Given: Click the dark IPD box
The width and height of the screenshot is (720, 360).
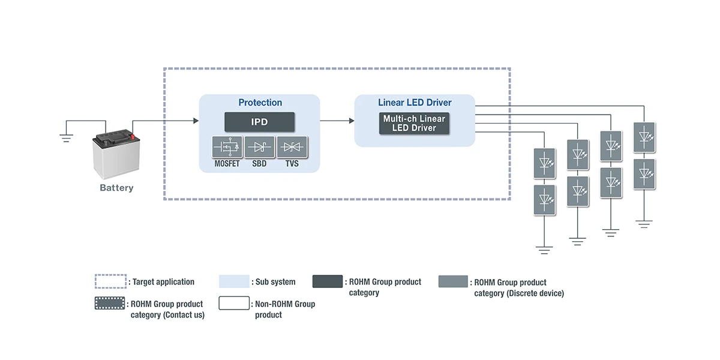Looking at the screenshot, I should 259,122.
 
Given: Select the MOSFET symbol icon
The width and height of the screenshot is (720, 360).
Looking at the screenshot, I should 227,148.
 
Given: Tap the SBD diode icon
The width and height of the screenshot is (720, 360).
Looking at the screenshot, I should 259,148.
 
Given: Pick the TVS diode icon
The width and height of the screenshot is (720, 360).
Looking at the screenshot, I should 292,148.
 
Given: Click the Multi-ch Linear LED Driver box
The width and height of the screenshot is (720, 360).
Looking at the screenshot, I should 414,123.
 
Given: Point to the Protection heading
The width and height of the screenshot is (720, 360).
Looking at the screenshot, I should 260,103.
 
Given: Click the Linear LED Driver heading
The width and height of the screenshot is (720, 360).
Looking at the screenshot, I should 415,103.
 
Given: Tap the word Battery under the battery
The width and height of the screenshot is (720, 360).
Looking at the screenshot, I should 116,188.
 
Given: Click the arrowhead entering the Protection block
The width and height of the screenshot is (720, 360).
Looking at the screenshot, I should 195,121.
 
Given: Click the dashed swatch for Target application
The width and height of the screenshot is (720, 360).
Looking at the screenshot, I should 111,281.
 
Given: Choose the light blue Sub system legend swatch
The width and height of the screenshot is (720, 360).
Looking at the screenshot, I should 234,281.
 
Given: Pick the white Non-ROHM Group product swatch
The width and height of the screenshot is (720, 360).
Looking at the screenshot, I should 234,303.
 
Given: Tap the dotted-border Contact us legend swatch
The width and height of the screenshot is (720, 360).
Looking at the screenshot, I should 111,303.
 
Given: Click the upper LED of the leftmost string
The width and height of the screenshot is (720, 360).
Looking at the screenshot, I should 544,163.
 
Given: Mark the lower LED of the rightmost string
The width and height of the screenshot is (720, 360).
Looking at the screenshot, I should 644,173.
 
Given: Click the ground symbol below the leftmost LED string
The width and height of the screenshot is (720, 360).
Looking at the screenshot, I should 544,250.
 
